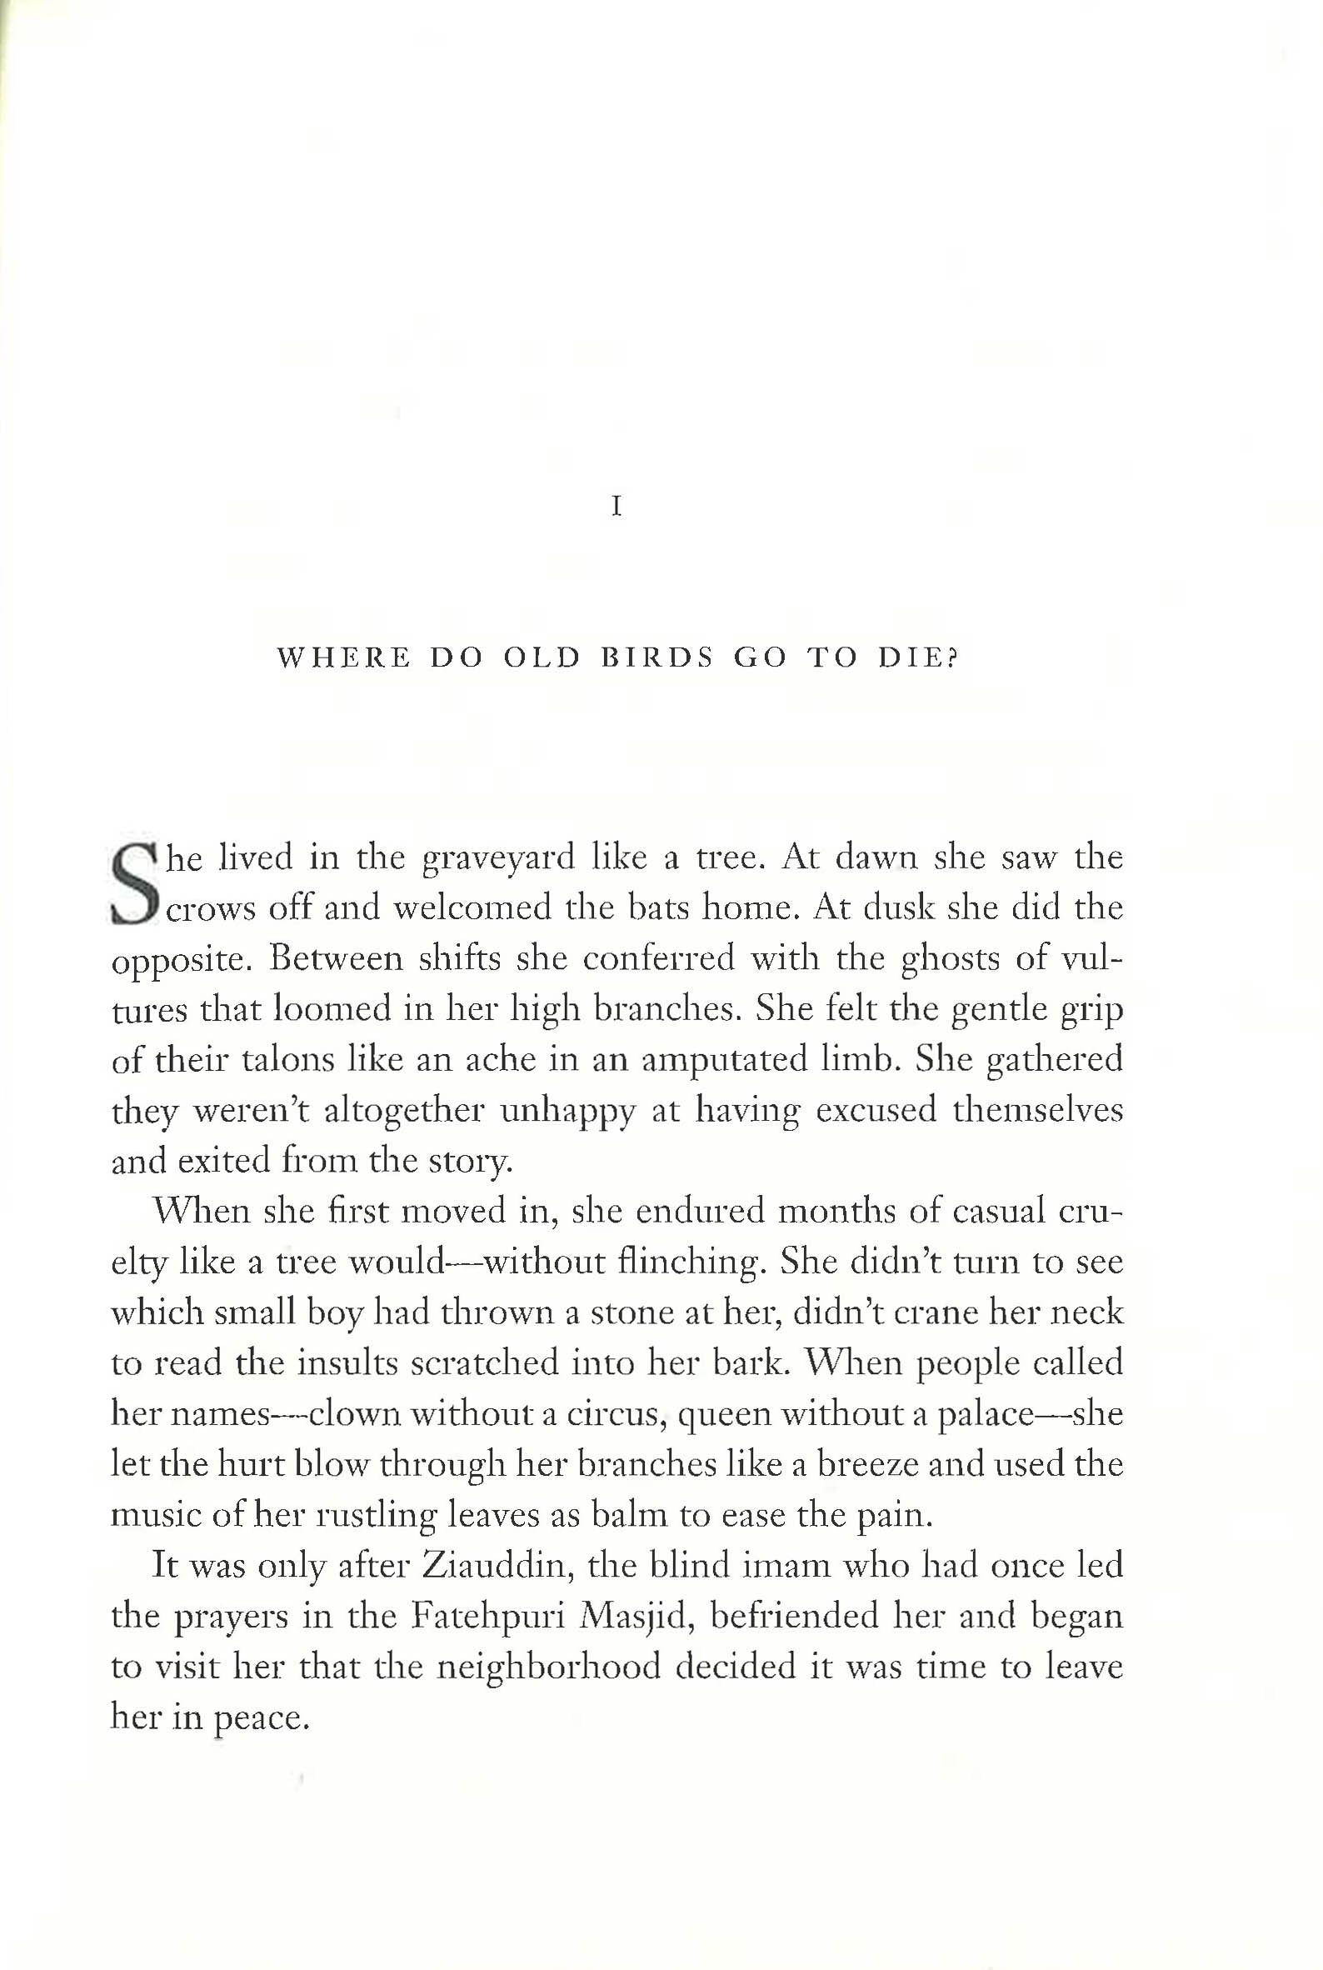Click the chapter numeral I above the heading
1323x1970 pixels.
click(617, 507)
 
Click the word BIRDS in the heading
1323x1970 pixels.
click(657, 657)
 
